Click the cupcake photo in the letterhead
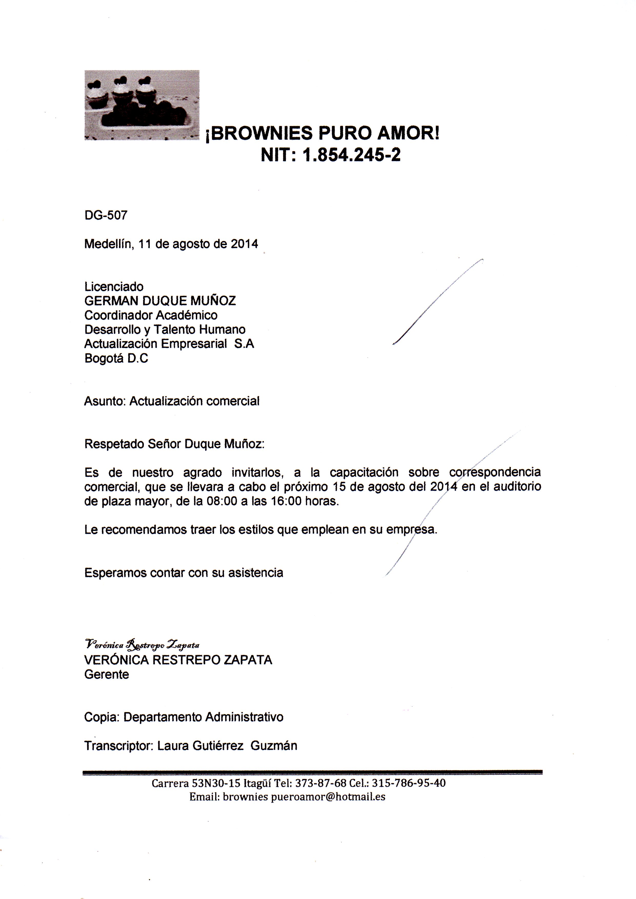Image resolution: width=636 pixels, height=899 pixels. [142, 105]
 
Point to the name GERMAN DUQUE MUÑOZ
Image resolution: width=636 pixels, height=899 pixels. [160, 301]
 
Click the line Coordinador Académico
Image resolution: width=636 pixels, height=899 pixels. [151, 315]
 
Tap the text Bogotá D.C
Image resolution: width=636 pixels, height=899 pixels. [116, 358]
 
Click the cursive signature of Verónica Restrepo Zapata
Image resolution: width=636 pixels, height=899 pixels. [142, 644]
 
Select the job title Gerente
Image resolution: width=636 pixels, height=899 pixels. [107, 674]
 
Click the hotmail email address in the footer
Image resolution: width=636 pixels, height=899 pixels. [304, 797]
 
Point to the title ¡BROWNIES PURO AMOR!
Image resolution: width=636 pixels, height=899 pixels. [322, 133]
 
